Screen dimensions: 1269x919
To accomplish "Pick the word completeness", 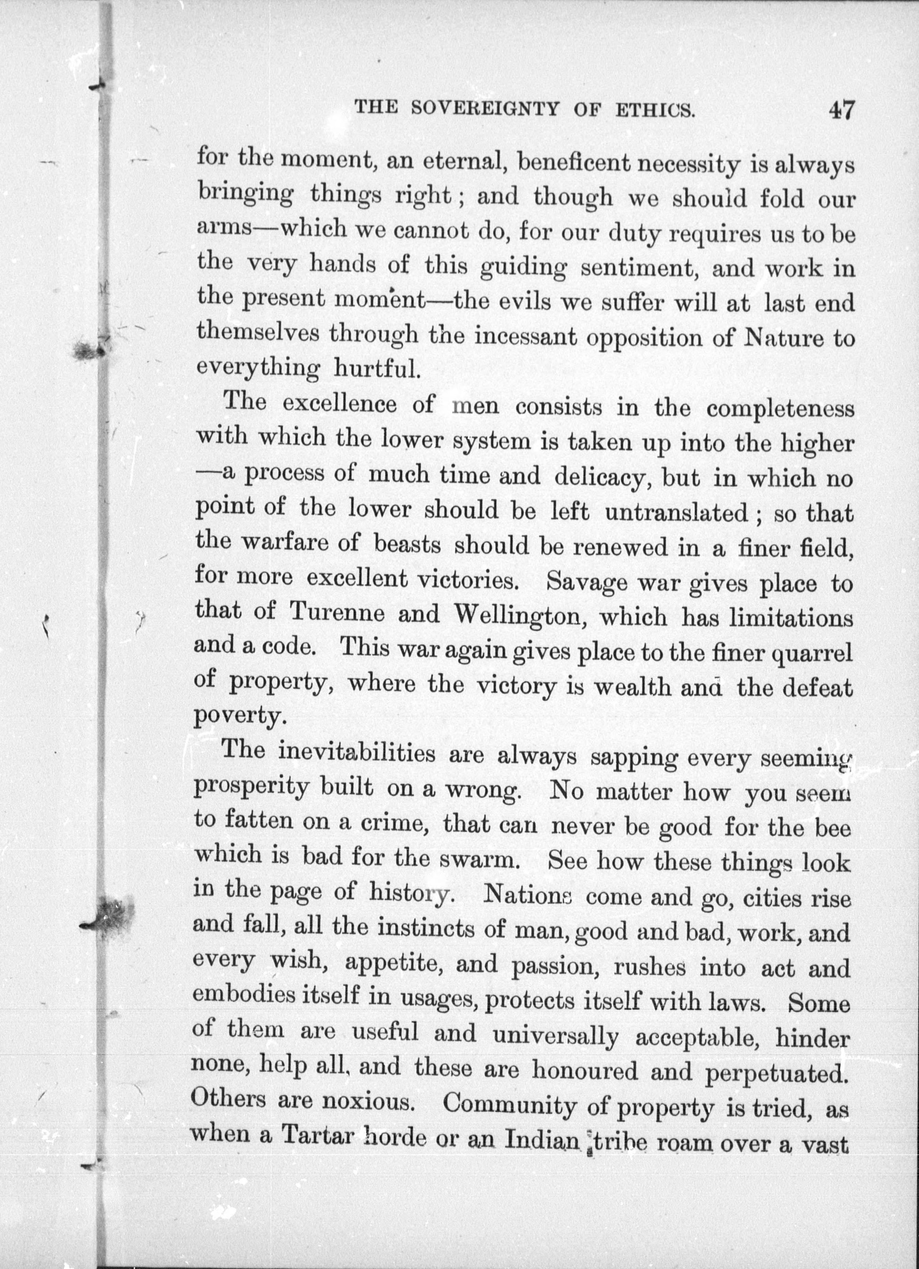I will [x=780, y=408].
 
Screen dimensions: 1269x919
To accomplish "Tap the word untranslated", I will [x=676, y=512].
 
